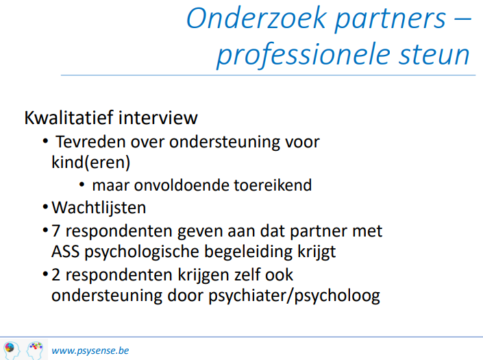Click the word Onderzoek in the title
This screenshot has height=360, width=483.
click(256, 19)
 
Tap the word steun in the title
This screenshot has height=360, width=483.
click(434, 55)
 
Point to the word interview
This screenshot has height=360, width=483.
click(158, 117)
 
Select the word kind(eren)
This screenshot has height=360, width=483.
click(91, 163)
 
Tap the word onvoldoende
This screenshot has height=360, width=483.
click(182, 185)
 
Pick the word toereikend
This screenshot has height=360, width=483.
click(273, 185)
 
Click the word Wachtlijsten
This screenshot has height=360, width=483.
click(99, 208)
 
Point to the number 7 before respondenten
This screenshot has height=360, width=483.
click(55, 231)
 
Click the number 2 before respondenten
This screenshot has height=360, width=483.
click(55, 275)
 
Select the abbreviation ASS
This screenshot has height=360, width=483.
click(65, 252)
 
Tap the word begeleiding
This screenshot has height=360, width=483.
click(248, 252)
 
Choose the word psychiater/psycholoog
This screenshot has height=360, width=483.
click(294, 296)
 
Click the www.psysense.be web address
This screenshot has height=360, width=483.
click(90, 350)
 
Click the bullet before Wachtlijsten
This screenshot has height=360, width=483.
click(45, 207)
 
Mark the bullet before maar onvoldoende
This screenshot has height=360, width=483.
click(82, 184)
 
